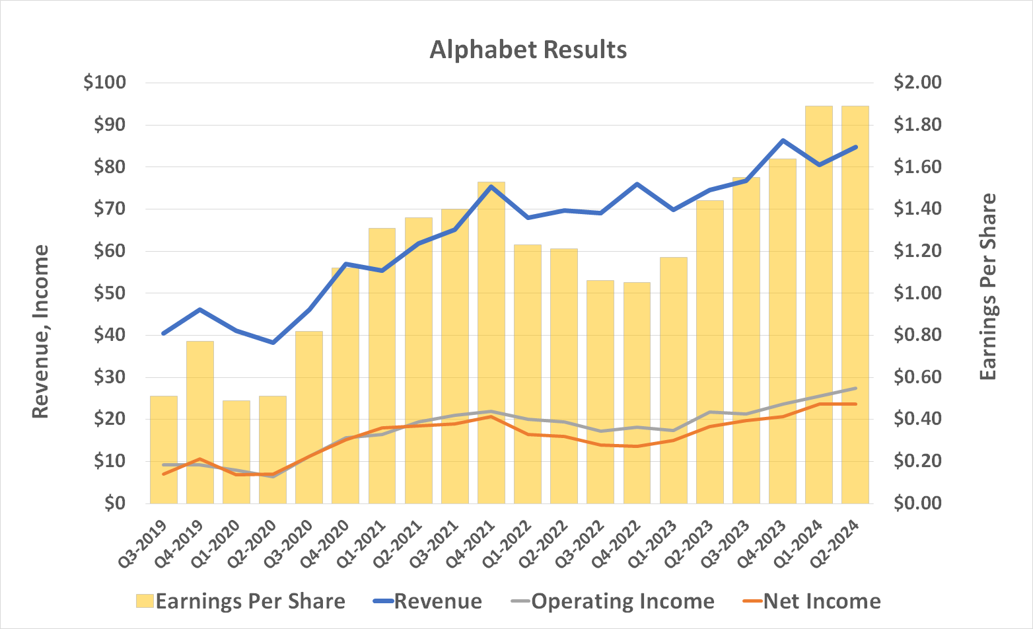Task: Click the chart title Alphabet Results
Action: [528, 50]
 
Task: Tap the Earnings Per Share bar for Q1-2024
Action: [819, 304]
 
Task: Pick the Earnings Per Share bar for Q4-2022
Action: [637, 392]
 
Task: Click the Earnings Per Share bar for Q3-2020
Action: [309, 416]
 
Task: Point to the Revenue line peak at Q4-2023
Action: [783, 141]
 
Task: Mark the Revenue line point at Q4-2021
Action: [491, 186]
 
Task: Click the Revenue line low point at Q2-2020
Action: [273, 342]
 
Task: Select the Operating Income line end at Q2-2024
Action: [855, 388]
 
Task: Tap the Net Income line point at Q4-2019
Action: [200, 459]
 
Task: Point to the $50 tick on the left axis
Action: [108, 293]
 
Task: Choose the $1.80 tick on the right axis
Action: [917, 125]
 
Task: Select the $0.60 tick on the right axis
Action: [917, 377]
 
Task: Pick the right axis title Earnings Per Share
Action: [987, 287]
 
